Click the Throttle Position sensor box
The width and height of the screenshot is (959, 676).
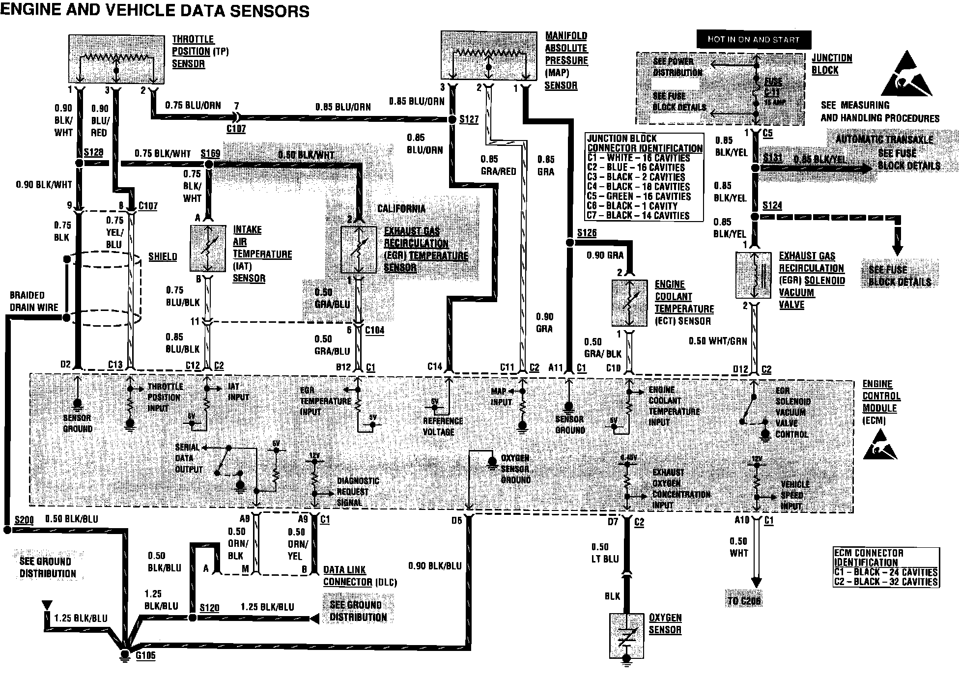coord(117,58)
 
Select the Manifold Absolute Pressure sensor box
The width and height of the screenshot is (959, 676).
coord(489,56)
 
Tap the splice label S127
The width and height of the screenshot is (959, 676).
coord(469,119)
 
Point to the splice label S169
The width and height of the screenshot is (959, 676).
coord(210,153)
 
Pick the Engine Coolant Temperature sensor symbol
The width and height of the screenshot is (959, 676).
coord(629,303)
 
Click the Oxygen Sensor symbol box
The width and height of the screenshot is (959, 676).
coord(626,636)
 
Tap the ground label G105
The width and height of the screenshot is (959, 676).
coord(145,655)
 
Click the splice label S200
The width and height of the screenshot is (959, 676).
coord(24,520)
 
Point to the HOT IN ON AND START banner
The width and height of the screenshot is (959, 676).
coord(753,39)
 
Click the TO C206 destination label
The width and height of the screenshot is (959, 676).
coord(745,600)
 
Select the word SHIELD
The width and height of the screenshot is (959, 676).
coord(163,256)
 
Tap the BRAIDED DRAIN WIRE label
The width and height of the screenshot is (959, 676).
coord(33,301)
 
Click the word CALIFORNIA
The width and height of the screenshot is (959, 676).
coord(401,208)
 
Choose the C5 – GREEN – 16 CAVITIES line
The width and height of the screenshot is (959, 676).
coord(639,196)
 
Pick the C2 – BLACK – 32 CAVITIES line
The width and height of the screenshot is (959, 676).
coord(886,582)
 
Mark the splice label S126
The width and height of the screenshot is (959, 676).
coord(587,232)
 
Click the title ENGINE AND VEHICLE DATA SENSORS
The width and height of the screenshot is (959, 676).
coord(155,11)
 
